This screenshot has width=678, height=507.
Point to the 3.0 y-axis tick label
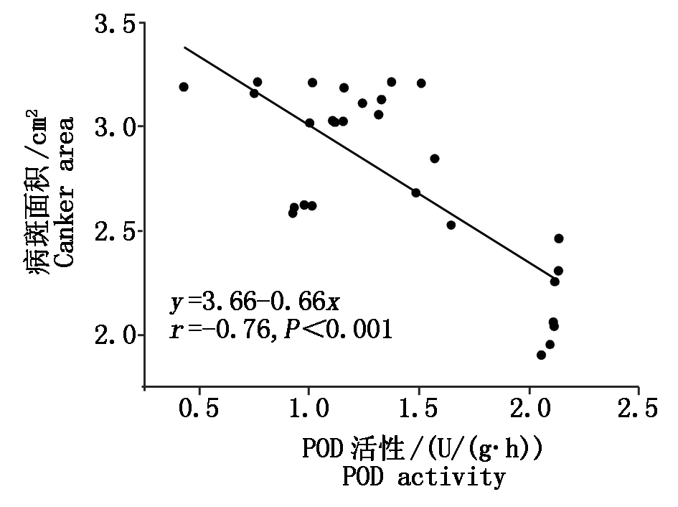115,127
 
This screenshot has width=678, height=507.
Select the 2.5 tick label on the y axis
115,232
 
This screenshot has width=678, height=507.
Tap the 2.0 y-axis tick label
115,336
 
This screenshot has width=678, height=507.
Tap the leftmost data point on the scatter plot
184,87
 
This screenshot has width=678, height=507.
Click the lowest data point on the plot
541,355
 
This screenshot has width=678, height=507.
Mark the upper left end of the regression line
185,47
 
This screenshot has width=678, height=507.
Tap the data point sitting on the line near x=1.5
415,192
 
